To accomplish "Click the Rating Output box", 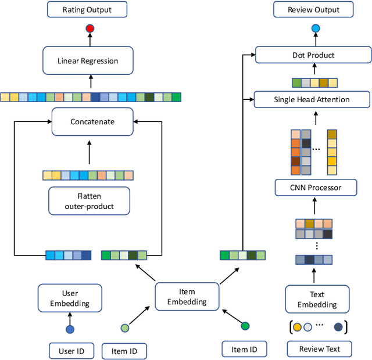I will point(87,9).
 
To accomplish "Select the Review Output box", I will point(314,9).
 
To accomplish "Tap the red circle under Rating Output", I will point(90,28).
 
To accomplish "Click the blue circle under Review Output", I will point(315,28).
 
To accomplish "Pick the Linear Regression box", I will point(88,60).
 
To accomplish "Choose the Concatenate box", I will point(92,121).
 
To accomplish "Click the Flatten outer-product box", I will point(89,200).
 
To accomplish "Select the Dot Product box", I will point(313,55).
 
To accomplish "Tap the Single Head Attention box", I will point(312,99).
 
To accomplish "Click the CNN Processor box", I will point(316,188).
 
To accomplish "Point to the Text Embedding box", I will point(317,300).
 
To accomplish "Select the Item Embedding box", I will point(187,296).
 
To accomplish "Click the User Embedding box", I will point(70,298).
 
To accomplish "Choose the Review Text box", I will point(319,349).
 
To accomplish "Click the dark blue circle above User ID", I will point(70,329).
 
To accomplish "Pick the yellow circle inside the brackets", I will point(297,327).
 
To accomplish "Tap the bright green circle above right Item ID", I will point(245,326).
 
